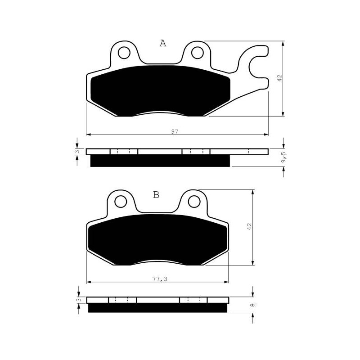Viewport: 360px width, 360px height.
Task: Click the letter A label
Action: [163, 43]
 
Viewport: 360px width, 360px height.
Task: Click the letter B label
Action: [156, 195]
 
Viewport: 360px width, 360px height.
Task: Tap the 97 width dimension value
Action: [175, 131]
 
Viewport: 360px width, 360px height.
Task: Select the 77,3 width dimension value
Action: [160, 279]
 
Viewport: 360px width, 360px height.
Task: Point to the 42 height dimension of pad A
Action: [279, 78]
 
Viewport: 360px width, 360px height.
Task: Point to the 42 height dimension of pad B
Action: [250, 227]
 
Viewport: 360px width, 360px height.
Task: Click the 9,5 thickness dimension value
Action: [284, 157]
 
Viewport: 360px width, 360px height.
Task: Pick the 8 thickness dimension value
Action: [253, 305]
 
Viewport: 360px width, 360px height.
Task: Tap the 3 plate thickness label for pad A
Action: [77, 152]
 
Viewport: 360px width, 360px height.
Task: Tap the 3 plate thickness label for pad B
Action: [79, 300]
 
